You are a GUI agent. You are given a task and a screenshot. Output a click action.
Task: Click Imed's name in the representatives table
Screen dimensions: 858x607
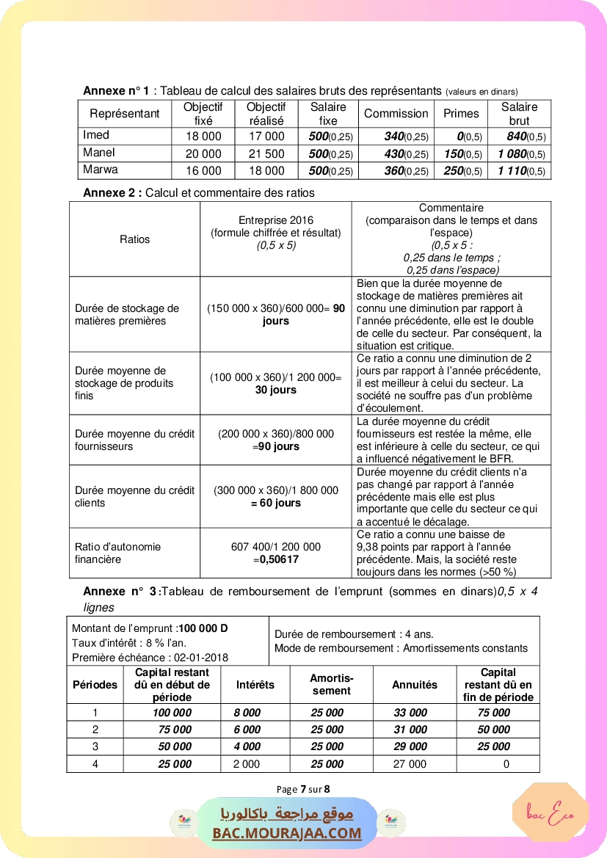[96, 135]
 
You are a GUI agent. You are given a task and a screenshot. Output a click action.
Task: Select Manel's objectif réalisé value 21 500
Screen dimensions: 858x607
[266, 153]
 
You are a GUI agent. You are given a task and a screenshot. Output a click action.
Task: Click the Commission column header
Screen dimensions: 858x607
[396, 114]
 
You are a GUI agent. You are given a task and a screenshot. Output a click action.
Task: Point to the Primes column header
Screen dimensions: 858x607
[461, 114]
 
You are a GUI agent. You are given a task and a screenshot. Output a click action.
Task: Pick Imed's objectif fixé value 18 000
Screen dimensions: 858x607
[203, 136]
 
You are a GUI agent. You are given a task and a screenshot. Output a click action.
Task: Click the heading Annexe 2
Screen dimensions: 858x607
[112, 193]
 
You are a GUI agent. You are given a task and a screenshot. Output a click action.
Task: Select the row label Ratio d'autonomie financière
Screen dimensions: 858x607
[117, 553]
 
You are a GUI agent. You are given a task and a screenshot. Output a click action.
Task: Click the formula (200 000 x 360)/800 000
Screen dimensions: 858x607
[276, 434]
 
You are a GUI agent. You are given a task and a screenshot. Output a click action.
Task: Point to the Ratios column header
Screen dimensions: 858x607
[134, 239]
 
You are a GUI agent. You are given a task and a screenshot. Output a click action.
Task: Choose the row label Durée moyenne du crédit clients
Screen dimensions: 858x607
[134, 496]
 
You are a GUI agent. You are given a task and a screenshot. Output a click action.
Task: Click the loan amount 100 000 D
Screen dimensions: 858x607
[203, 628]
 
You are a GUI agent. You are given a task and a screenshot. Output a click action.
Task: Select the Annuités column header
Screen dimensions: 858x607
[415, 685]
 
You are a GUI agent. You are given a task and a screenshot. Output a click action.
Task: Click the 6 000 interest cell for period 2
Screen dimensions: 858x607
[247, 730]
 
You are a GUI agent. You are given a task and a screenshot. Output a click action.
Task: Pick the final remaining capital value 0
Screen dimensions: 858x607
[506, 764]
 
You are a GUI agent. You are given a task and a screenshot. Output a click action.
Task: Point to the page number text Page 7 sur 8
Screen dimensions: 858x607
[303, 790]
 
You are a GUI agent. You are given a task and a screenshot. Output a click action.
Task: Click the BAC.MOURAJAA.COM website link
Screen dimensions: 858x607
[287, 833]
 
